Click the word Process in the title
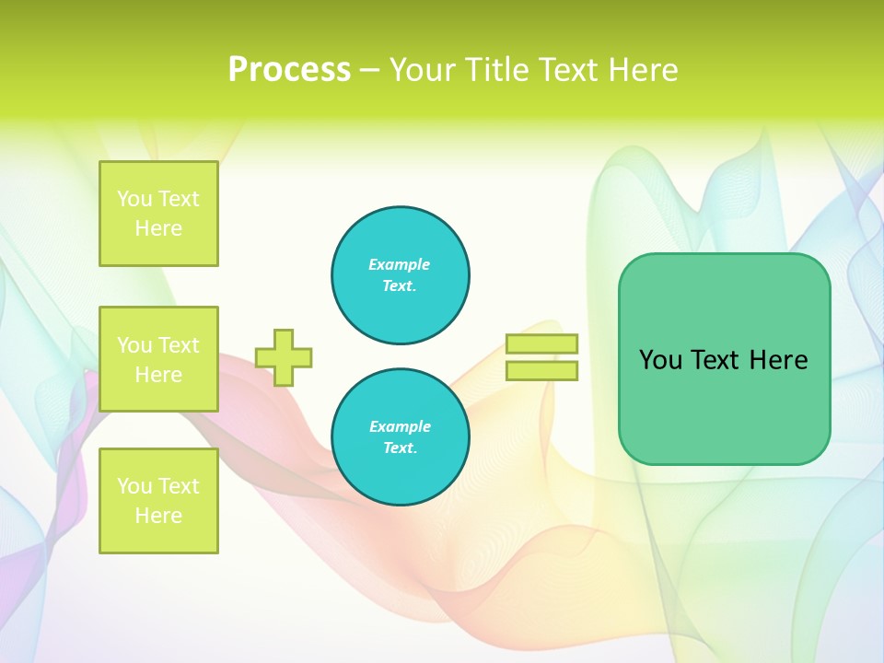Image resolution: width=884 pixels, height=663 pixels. coord(289,70)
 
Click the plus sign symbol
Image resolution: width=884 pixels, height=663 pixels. coord(284,357)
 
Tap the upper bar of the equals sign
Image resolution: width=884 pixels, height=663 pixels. coord(541,343)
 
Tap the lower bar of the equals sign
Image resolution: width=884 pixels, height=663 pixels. coord(541,370)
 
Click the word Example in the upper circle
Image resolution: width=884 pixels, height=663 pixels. coord(399,264)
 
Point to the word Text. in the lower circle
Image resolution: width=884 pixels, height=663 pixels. coord(400,448)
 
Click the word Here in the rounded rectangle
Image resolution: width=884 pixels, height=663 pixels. coord(778,360)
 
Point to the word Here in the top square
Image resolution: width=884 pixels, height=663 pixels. coord(158,228)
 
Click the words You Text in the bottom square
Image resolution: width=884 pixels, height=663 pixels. coord(158,485)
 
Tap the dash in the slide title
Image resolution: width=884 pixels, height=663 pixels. coord(370,70)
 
